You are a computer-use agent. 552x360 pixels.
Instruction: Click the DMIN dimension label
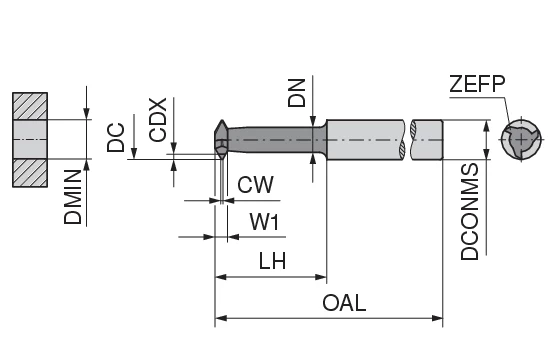click(x=73, y=198)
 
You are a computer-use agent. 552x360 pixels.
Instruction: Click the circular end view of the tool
click(x=522, y=140)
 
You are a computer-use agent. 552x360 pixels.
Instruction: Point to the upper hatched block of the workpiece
click(x=29, y=107)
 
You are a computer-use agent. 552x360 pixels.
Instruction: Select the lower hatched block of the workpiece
click(x=29, y=172)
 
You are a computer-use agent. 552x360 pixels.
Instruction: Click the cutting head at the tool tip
click(x=222, y=140)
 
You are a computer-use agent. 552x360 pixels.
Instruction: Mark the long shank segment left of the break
click(x=365, y=140)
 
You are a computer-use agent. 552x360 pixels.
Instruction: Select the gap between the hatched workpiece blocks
click(x=29, y=139)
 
